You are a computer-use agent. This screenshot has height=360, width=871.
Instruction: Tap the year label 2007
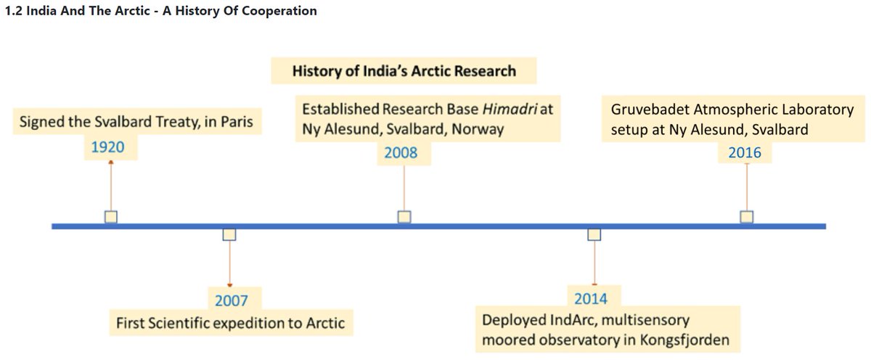coord(232,300)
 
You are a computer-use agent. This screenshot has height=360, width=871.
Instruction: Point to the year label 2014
coord(591,298)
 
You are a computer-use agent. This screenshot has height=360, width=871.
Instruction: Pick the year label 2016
coord(744,152)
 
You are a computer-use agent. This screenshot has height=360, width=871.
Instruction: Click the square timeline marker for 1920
coord(110,216)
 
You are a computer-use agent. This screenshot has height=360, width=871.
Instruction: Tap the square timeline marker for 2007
coord(229,234)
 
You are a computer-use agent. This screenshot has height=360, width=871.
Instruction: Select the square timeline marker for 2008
coord(404,216)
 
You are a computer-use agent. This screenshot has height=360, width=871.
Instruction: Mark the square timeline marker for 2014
coord(594,234)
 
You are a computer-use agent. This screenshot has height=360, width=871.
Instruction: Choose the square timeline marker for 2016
coord(746,216)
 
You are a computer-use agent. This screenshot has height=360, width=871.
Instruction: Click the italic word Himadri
coord(518,110)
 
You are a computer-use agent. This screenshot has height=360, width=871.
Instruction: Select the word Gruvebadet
coord(646,110)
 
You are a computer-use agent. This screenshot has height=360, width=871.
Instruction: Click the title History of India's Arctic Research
coord(404,71)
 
